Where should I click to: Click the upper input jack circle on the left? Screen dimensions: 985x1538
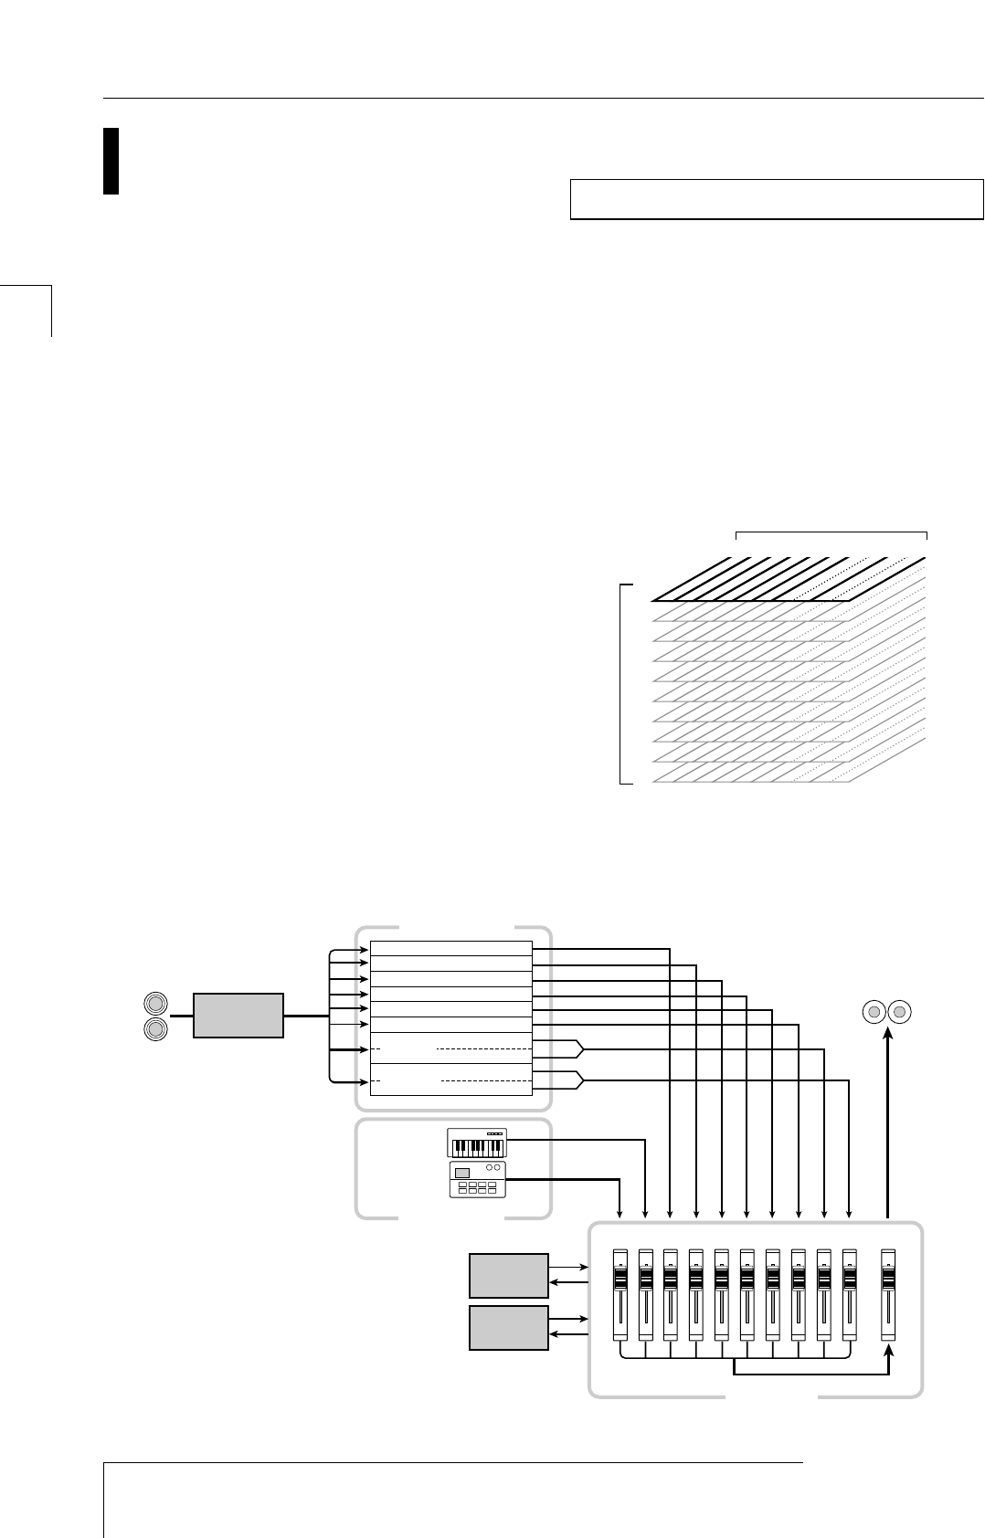[155, 1004]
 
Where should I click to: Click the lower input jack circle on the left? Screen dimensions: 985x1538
[155, 1029]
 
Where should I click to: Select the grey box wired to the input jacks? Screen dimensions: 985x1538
[238, 1017]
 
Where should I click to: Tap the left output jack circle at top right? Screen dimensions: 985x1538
[874, 1012]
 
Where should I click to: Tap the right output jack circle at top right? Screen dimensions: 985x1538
[901, 1012]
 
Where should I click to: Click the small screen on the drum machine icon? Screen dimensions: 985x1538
[462, 1173]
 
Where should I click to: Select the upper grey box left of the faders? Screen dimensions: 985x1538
[509, 1275]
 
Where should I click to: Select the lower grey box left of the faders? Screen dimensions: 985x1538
[509, 1327]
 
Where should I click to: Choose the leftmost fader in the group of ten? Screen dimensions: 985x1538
[620, 1294]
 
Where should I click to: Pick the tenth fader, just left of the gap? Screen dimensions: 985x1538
[851, 1294]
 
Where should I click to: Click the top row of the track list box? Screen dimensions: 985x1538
[450, 948]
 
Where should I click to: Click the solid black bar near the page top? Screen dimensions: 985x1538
[111, 161]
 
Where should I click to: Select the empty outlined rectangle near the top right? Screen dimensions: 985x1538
[776, 199]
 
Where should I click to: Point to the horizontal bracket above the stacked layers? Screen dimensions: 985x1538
[831, 532]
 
